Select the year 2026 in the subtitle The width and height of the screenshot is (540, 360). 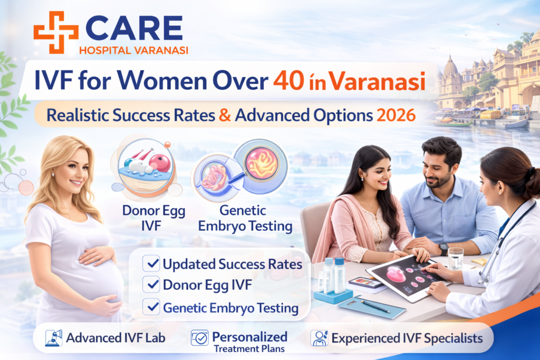click(397, 115)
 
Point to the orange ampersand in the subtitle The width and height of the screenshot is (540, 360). click(225, 115)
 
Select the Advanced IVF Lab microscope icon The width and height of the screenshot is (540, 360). click(54, 337)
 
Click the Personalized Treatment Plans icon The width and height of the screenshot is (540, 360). click(199, 337)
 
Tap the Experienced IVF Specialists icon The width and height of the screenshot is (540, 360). click(319, 337)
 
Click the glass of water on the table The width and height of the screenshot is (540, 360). click(455, 258)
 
